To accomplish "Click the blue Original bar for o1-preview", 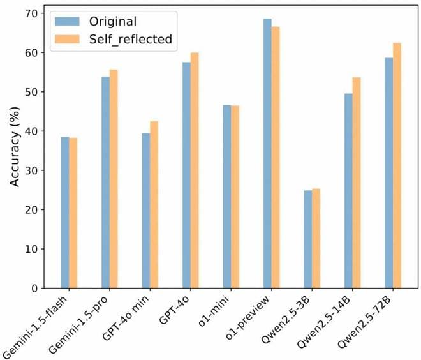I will [267, 153].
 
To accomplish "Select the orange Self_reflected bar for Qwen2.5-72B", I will [396, 165].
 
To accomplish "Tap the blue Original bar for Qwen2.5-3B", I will [307, 239].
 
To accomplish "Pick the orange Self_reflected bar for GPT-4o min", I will [154, 204].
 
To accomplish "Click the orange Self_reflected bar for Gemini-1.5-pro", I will [114, 179].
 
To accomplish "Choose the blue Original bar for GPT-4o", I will [186, 175].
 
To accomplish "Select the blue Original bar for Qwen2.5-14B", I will [348, 191].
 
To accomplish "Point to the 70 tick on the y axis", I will [34, 13].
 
